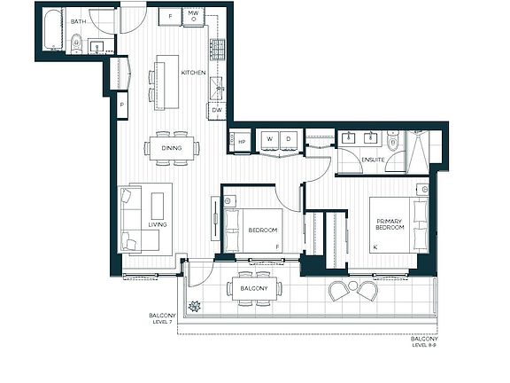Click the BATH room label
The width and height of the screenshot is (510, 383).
(79, 21)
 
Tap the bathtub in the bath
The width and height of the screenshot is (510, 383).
(53, 30)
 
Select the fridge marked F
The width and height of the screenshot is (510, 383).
(170, 17)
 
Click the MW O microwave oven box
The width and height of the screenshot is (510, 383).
(194, 17)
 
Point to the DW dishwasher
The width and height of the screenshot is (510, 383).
(217, 111)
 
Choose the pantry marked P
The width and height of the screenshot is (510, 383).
(122, 105)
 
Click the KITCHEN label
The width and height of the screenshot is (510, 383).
(194, 73)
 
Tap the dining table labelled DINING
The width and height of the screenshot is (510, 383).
(172, 148)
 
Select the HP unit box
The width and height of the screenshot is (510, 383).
(240, 142)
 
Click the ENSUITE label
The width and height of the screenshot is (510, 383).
(373, 160)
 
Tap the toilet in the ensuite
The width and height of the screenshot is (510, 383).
(393, 139)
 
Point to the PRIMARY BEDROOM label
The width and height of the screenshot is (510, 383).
(390, 224)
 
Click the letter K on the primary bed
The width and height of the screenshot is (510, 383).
(375, 247)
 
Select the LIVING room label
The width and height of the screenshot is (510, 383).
(158, 224)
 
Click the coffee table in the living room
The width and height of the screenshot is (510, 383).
(158, 207)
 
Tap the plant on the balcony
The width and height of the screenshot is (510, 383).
(195, 307)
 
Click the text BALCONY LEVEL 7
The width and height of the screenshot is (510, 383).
(162, 318)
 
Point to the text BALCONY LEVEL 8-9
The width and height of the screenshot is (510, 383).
(424, 342)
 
